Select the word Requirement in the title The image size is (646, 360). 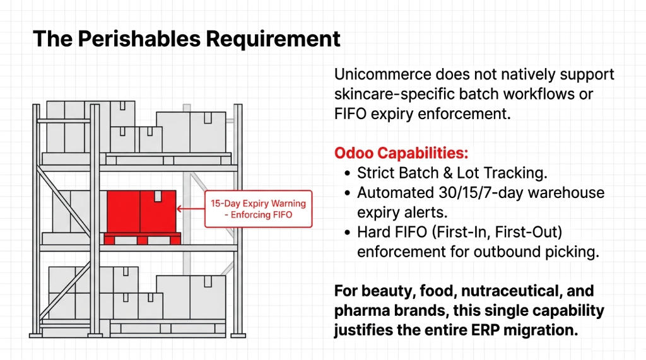point(274,39)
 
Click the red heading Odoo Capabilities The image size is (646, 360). point(401,153)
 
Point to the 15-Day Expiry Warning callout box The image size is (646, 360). point(258,209)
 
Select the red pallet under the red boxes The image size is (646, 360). point(142,238)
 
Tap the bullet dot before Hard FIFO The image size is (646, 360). point(348,232)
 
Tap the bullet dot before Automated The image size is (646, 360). point(348,192)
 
